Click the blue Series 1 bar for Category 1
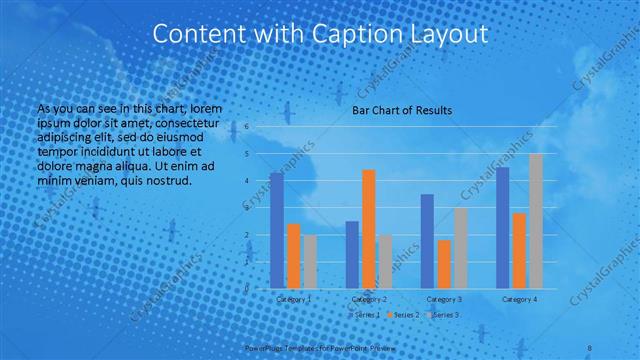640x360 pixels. (x=276, y=230)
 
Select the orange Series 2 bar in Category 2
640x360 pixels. (x=368, y=228)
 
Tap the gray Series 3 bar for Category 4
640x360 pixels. (x=535, y=220)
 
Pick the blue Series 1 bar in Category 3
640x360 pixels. (x=427, y=240)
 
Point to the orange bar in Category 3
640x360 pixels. (x=443, y=263)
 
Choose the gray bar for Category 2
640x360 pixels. (x=385, y=261)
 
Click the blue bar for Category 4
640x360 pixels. (x=502, y=227)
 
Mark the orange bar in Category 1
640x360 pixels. (x=293, y=255)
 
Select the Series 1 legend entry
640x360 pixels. (x=364, y=315)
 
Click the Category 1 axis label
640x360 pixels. (x=293, y=299)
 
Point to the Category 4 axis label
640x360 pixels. (x=519, y=299)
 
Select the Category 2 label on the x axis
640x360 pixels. (x=368, y=299)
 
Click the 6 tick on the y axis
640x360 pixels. (x=246, y=127)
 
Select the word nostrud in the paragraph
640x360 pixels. (x=156, y=181)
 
